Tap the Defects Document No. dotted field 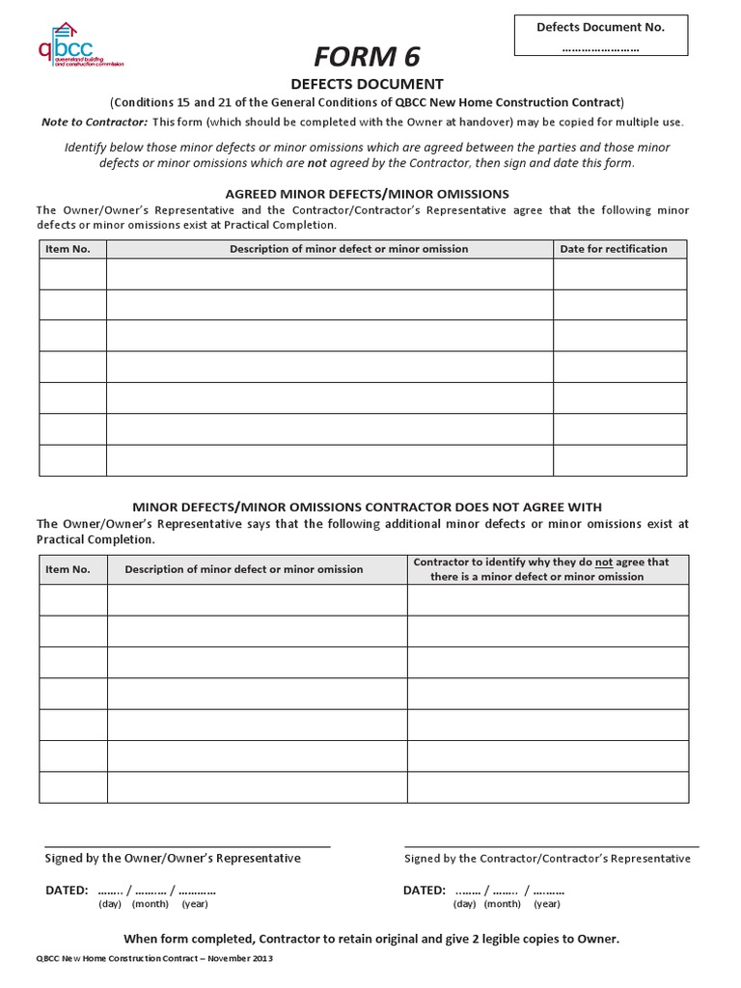pos(600,48)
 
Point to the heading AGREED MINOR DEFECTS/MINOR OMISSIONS pos(367,194)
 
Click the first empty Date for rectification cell pos(619,274)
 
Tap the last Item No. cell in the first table pos(72,460)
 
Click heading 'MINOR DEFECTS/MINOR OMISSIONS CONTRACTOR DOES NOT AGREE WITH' pos(367,507)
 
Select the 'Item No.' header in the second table pos(68,569)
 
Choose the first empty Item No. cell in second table pos(72,599)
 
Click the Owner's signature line pos(188,845)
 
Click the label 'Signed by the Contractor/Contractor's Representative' pos(546,859)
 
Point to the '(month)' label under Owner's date pos(150,904)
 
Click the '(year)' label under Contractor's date pos(546,904)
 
